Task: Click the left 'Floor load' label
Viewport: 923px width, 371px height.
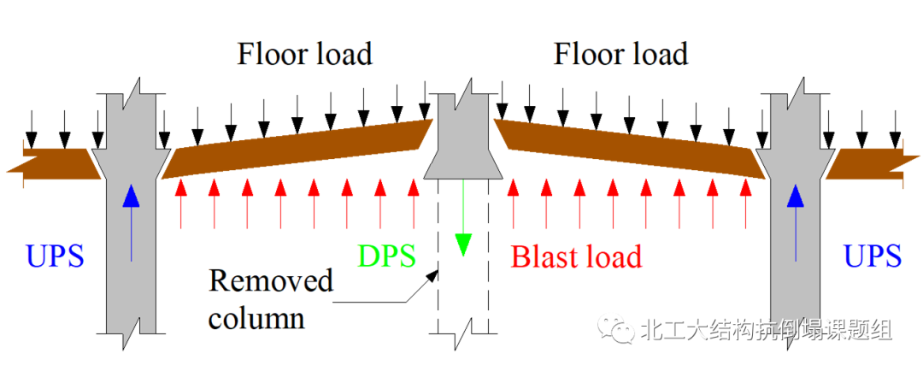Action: click(304, 55)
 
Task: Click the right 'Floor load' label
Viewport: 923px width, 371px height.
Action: click(620, 55)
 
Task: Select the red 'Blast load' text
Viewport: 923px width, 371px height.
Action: click(576, 256)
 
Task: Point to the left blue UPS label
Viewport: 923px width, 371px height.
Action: click(55, 256)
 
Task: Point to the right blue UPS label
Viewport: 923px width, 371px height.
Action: click(872, 256)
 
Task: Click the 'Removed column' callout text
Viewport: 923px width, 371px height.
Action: click(270, 299)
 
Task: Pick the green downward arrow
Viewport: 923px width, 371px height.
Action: click(462, 222)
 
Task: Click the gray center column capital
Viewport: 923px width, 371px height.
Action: click(462, 141)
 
